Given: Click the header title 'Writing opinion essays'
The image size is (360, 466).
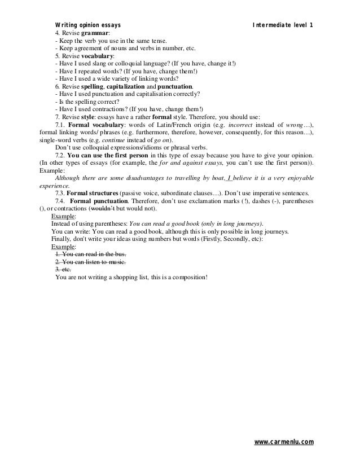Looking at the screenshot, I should click(x=87, y=25).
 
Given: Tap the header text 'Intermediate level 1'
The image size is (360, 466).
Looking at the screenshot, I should click(x=284, y=25).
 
